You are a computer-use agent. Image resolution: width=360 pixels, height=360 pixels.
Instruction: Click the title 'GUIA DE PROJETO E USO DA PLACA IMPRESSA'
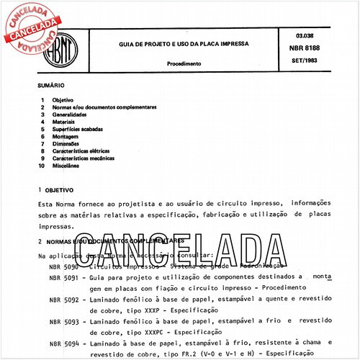pyautogui.click(x=185, y=44)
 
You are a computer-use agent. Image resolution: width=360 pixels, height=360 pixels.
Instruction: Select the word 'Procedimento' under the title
pyautogui.click(x=185, y=63)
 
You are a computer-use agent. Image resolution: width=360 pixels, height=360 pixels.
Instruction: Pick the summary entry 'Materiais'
pyautogui.click(x=63, y=122)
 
